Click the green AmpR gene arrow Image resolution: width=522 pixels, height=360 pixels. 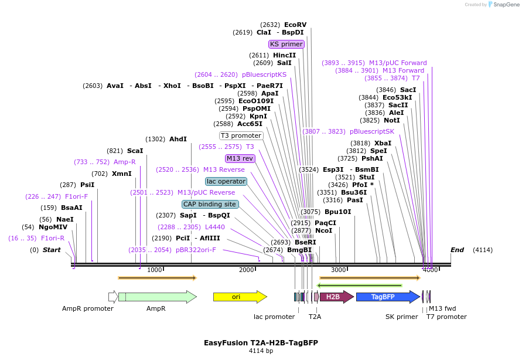click(x=157, y=297)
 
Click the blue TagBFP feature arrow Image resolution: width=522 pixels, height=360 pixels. click(x=387, y=297)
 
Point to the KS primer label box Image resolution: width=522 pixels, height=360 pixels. click(x=286, y=44)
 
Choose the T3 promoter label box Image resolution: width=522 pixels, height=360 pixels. click(x=241, y=135)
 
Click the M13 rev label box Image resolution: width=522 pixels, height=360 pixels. click(x=240, y=158)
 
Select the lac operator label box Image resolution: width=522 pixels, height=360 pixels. click(x=226, y=181)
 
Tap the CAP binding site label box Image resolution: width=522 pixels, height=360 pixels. click(x=209, y=204)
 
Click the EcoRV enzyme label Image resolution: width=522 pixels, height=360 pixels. click(x=295, y=25)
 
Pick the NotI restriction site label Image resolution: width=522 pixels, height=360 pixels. click(x=392, y=120)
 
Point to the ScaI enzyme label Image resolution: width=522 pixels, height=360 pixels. click(x=135, y=151)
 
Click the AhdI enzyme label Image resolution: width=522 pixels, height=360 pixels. click(x=178, y=139)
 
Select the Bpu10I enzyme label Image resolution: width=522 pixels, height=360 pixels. click(x=337, y=212)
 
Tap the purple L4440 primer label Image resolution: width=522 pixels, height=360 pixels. click(x=214, y=227)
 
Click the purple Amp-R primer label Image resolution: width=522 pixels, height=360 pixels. click(x=124, y=162)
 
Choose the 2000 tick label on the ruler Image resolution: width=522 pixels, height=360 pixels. click(x=246, y=270)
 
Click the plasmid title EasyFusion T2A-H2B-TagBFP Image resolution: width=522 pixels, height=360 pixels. click(x=261, y=342)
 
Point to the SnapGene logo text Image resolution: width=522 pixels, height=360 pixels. click(x=505, y=5)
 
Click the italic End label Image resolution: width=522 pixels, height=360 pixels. click(x=457, y=250)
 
